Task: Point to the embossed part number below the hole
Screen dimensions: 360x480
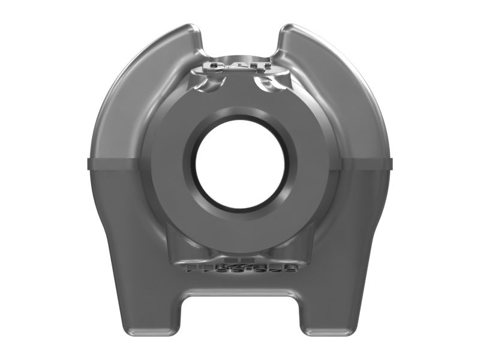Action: click(240, 266)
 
